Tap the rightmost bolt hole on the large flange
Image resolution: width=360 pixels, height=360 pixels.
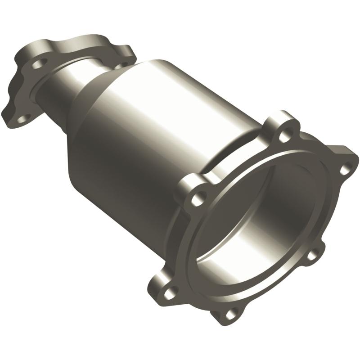tap(344, 170)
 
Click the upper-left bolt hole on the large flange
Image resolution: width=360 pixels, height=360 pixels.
tap(196, 196)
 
